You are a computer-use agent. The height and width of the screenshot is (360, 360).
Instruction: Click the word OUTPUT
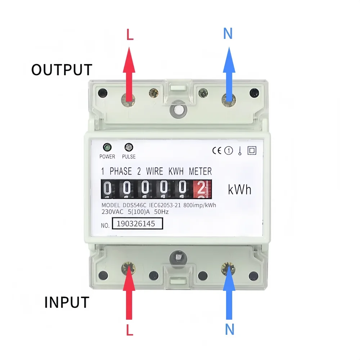click(62, 69)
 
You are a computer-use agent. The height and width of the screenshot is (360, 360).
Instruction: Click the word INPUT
click(67, 302)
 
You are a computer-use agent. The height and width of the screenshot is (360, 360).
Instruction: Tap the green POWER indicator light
click(107, 147)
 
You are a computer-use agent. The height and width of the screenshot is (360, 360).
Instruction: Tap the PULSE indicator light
click(129, 147)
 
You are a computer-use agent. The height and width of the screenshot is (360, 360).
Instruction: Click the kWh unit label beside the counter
click(240, 189)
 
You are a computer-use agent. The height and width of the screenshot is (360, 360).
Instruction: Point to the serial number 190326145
click(138, 224)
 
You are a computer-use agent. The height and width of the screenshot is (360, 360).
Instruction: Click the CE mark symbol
click(217, 150)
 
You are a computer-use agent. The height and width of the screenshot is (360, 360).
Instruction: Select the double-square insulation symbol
click(252, 150)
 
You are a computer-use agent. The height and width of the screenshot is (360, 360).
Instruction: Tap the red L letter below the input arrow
click(130, 330)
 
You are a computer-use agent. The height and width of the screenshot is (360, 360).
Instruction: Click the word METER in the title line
click(200, 171)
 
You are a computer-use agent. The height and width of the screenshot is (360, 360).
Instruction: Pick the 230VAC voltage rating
click(113, 212)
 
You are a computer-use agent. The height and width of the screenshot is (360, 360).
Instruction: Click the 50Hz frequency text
click(161, 212)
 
